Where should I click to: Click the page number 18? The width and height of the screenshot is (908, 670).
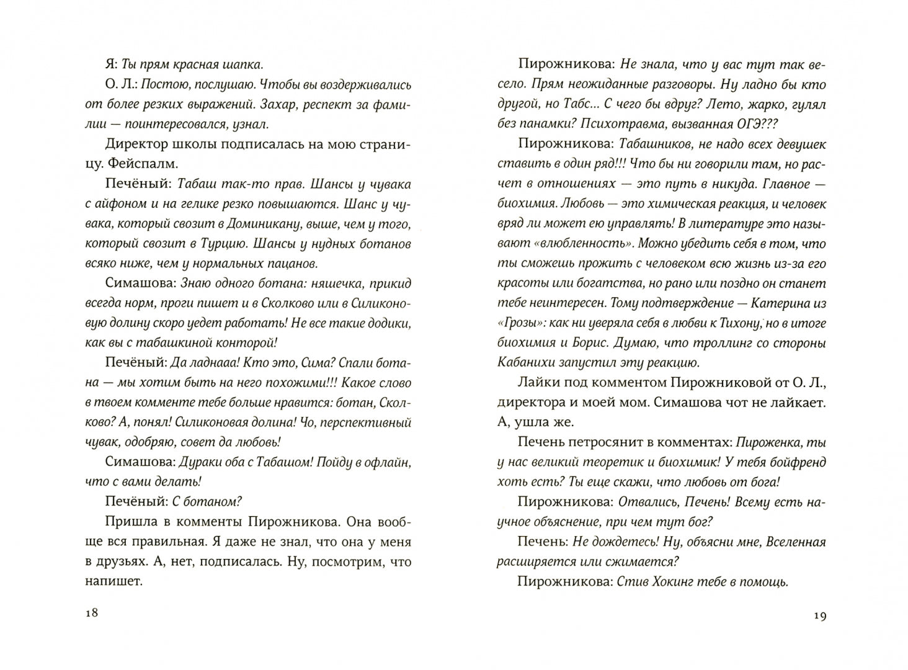pos(91,613)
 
